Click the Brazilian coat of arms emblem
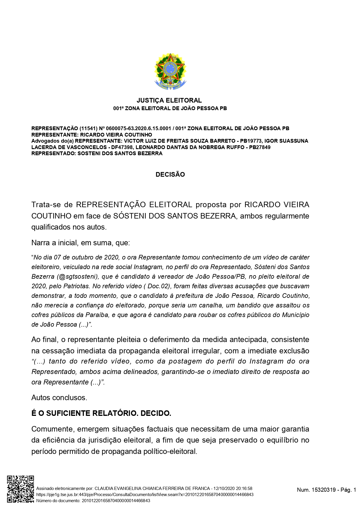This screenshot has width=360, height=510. [x=170, y=71]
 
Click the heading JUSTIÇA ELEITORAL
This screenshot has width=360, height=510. [x=169, y=101]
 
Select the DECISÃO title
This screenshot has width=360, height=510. [x=170, y=175]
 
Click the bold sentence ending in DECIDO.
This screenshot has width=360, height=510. [x=101, y=413]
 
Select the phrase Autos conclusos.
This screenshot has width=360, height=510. [x=59, y=398]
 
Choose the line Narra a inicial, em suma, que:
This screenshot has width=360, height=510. [x=80, y=243]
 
